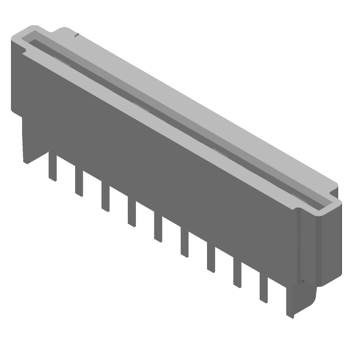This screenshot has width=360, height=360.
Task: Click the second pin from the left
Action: click(x=79, y=183)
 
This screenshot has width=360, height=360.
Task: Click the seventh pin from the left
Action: click(x=211, y=259)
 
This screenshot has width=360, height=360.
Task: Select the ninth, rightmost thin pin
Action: click(x=264, y=290)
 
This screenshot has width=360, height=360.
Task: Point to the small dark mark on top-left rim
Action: click(x=77, y=35)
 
